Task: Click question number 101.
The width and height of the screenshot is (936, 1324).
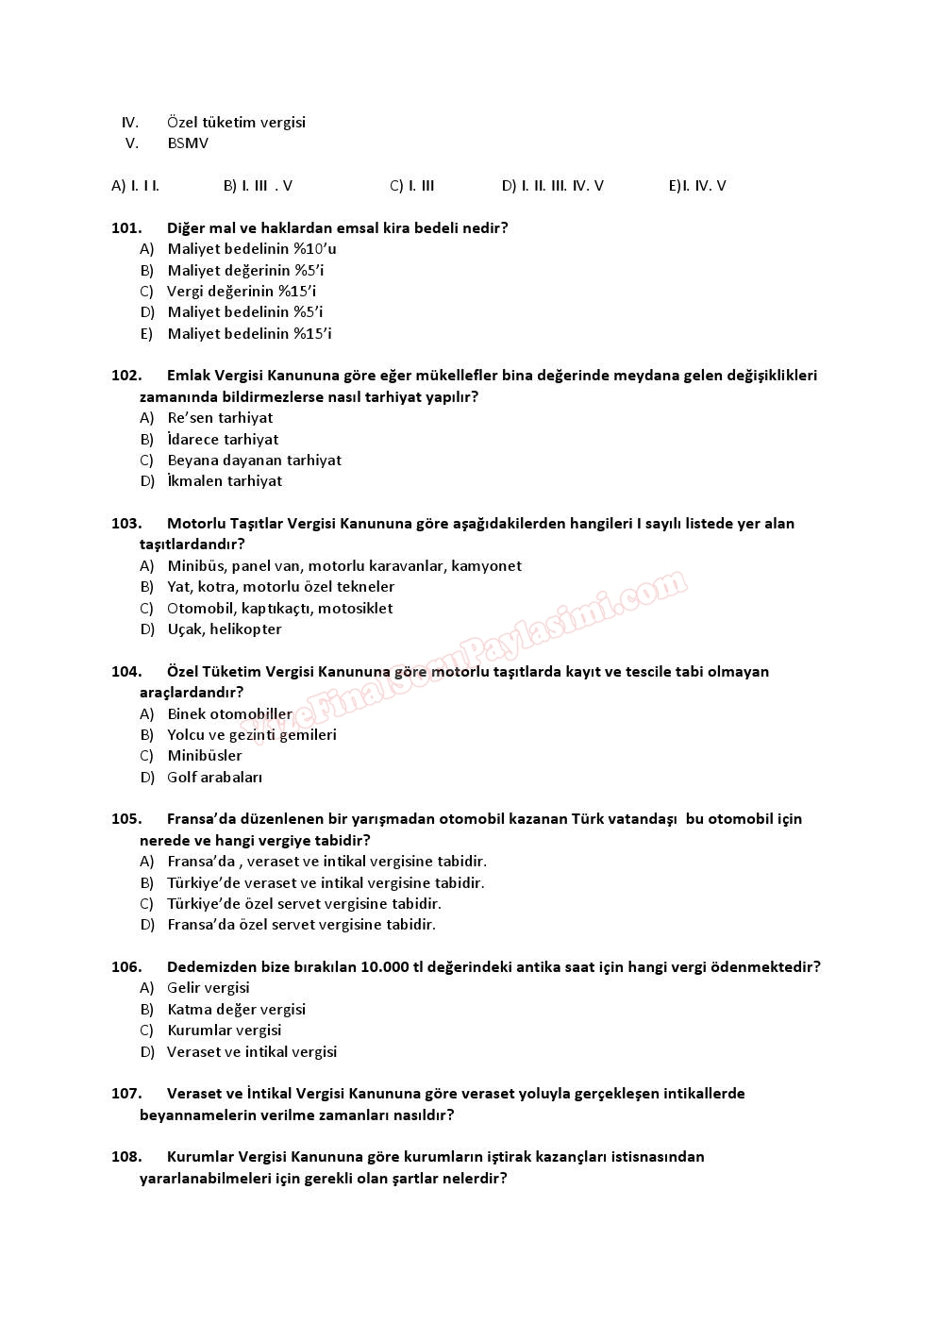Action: (126, 227)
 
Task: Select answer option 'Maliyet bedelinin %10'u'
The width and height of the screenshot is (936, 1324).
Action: (252, 249)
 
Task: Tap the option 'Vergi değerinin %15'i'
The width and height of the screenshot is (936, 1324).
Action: (242, 292)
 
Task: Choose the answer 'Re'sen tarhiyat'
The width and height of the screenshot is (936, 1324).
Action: (220, 418)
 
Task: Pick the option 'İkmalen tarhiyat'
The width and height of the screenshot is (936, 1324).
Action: (225, 481)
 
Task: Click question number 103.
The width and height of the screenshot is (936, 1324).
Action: (126, 523)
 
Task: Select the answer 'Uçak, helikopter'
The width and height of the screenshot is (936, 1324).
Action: (225, 629)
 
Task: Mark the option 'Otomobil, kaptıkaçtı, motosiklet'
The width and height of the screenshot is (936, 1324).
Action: (279, 609)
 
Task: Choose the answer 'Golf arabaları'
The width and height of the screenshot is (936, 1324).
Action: (214, 778)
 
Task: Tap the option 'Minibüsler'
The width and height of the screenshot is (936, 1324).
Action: (205, 756)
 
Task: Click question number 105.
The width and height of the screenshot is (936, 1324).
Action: (126, 819)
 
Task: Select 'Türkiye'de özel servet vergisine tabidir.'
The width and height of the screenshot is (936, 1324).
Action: (304, 904)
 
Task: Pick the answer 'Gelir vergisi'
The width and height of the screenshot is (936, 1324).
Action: (209, 988)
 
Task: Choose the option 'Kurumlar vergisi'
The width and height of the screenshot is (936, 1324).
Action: (225, 1031)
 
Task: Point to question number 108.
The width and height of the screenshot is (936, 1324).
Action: (126, 1157)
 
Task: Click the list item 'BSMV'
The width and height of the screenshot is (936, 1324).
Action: (188, 143)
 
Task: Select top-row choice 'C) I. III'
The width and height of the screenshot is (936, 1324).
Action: (412, 186)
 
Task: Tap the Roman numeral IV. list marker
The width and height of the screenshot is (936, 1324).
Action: (130, 123)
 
